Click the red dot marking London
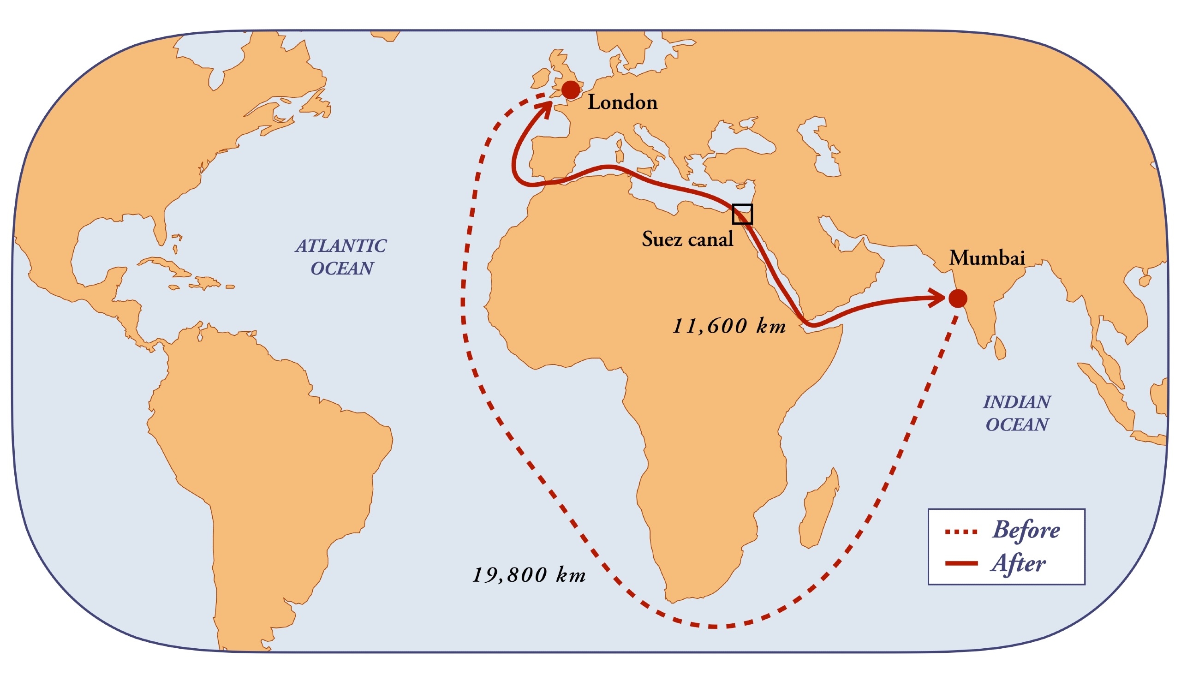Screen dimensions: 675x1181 (x=571, y=90)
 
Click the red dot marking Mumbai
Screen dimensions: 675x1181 (x=958, y=299)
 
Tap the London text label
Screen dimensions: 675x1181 (x=622, y=102)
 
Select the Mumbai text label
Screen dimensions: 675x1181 (x=987, y=258)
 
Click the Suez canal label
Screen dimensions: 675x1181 (x=687, y=239)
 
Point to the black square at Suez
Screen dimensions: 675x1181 (x=742, y=214)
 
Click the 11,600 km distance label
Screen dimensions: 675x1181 (x=729, y=326)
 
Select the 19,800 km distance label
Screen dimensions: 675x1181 (x=529, y=575)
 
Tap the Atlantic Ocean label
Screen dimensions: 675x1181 (x=341, y=257)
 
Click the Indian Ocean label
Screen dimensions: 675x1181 (x=1017, y=413)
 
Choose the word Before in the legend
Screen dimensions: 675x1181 (x=1026, y=530)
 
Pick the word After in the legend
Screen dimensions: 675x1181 (x=1018, y=564)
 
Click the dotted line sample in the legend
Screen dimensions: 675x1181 (x=961, y=532)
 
